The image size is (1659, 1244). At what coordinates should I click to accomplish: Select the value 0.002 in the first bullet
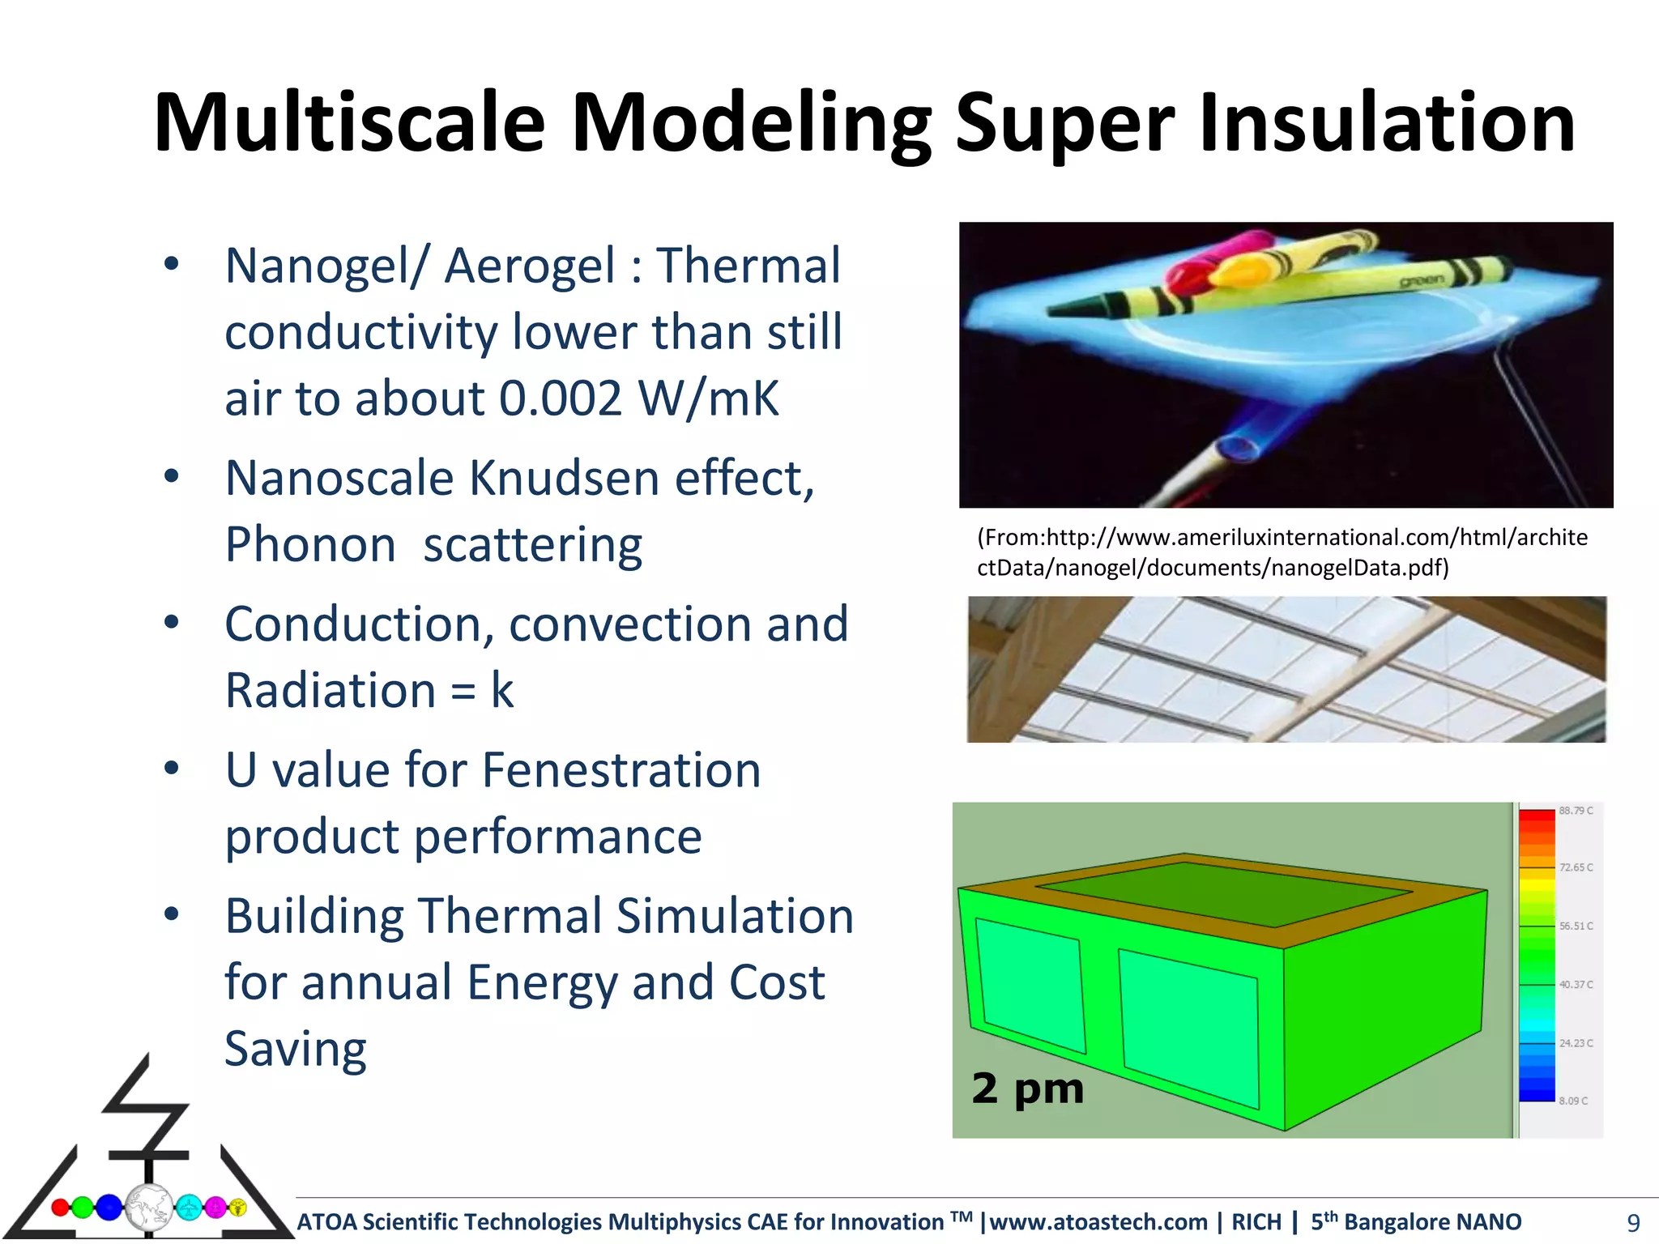tap(560, 398)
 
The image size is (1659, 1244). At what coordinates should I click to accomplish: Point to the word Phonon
tap(310, 544)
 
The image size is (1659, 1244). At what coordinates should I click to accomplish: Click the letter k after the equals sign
tap(501, 691)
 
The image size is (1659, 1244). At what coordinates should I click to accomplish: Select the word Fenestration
tap(621, 769)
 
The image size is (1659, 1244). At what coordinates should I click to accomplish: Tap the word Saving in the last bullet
tap(295, 1049)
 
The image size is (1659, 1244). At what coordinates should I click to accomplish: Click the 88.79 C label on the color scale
tap(1576, 811)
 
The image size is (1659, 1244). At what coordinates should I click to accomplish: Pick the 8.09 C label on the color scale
tap(1573, 1101)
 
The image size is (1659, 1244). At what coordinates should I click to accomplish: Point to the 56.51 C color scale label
tap(1576, 926)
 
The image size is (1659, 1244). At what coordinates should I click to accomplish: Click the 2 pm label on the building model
tap(1027, 1088)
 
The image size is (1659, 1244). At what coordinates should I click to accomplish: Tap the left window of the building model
tap(1030, 984)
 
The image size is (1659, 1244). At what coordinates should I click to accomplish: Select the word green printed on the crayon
tap(1421, 280)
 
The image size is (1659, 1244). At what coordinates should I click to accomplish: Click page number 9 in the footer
tap(1633, 1222)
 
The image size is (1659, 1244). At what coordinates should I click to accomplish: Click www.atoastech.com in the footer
tap(1098, 1221)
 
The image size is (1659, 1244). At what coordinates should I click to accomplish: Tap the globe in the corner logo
tap(148, 1208)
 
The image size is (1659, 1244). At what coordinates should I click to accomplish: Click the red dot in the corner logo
tap(60, 1208)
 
